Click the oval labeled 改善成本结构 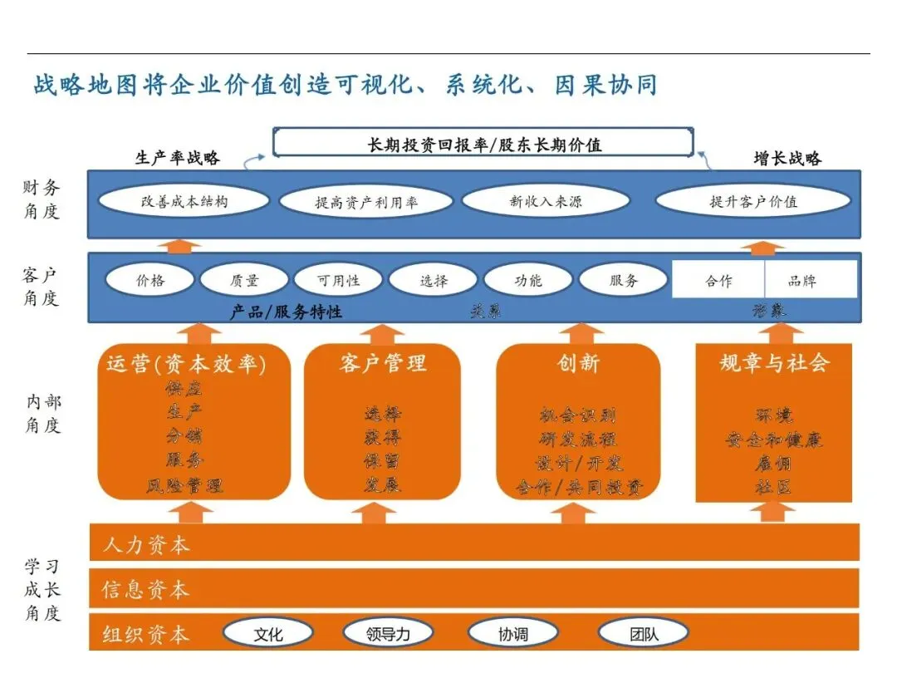[x=184, y=201]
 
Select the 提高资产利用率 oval [x=366, y=202]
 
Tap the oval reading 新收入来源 [x=545, y=201]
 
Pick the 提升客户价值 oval [x=753, y=201]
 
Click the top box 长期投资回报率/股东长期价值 [x=483, y=144]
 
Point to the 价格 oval [x=150, y=280]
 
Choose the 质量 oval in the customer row [x=244, y=280]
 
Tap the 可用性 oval [x=339, y=280]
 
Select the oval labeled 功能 [x=528, y=280]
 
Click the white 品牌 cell [x=810, y=280]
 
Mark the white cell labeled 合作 [x=718, y=280]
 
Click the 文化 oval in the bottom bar [x=267, y=634]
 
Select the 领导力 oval [x=388, y=634]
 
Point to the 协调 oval [x=512, y=634]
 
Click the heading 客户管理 [x=383, y=363]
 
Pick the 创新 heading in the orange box [x=578, y=363]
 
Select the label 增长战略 [x=787, y=158]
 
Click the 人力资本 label [x=146, y=545]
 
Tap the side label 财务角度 [x=42, y=199]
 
